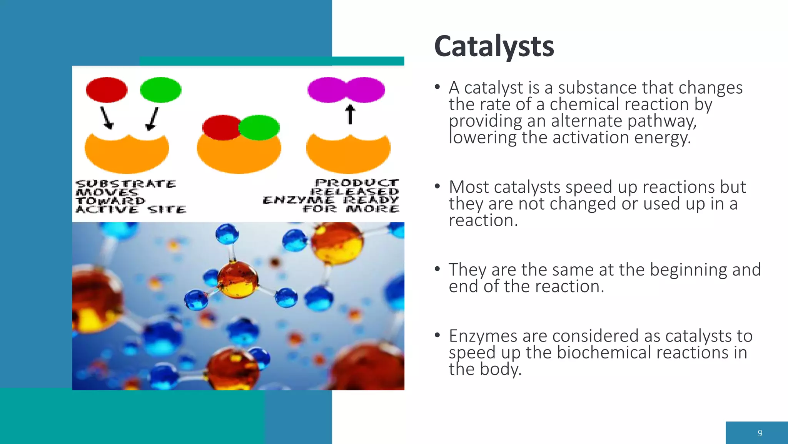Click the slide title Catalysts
click(x=494, y=46)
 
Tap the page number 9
click(x=760, y=433)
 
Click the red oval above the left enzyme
click(x=107, y=90)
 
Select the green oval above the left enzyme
click(x=160, y=90)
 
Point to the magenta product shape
click(x=346, y=90)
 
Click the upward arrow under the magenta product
click(x=350, y=114)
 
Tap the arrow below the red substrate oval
click(x=107, y=118)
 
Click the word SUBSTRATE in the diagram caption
click(x=126, y=183)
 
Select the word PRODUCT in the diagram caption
click(x=357, y=183)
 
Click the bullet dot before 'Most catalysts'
click(x=437, y=187)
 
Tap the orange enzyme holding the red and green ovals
click(x=239, y=154)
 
